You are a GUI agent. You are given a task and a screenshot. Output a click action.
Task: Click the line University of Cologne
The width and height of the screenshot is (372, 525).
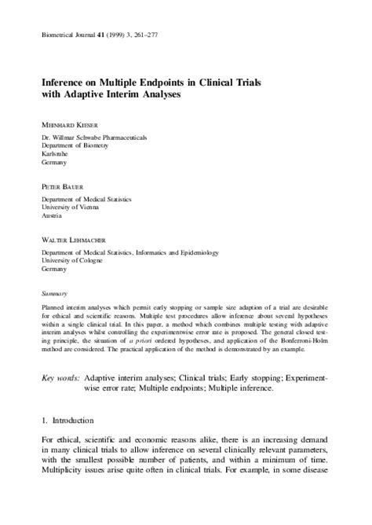[x=76, y=260]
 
